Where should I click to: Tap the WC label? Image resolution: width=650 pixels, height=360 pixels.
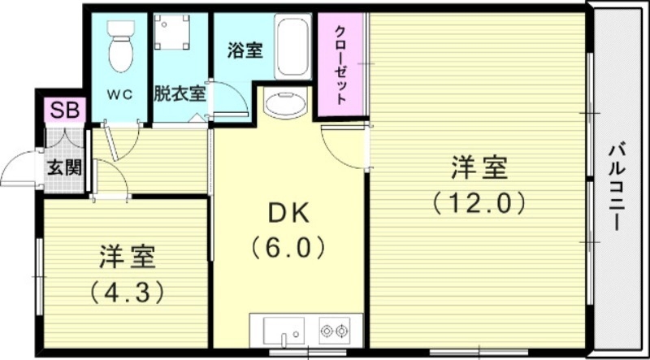tap(120, 93)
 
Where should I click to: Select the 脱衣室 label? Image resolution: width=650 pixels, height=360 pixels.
tap(180, 93)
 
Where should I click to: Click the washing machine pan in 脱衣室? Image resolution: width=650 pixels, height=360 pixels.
tap(172, 33)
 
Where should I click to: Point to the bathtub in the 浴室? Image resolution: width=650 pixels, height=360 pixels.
tap(292, 46)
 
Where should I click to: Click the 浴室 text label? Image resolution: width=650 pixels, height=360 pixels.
tap(244, 50)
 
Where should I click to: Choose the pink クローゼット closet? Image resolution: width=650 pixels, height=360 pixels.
tap(341, 63)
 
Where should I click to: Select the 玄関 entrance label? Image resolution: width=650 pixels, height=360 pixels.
tap(63, 169)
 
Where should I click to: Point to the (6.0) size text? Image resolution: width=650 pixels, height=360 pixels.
tap(288, 245)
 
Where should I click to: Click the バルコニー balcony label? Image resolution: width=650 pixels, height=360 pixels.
tap(617, 185)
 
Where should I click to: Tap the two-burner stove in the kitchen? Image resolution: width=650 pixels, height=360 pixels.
tap(333, 330)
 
